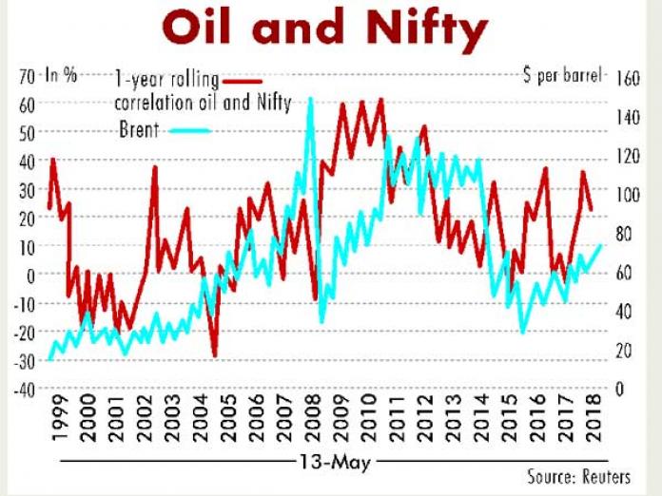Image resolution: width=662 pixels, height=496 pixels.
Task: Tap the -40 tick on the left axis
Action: [23, 390]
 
